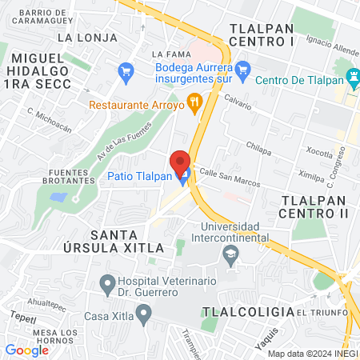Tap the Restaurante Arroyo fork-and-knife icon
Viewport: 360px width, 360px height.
(x=193, y=102)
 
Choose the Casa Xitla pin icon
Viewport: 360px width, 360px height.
(x=143, y=314)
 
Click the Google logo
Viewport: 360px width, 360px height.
(x=26, y=350)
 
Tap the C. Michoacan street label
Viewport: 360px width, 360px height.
(x=49, y=120)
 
